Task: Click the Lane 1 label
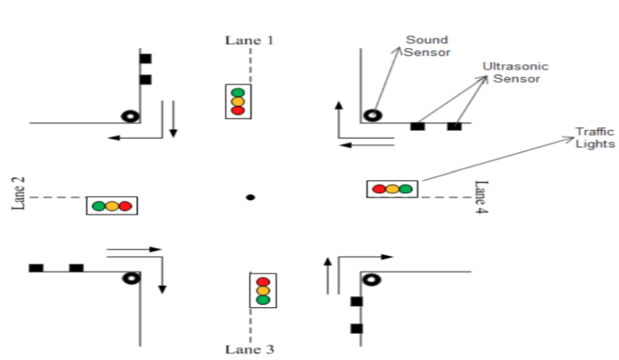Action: point(249,40)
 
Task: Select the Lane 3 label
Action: point(249,349)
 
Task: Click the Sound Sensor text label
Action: point(428,46)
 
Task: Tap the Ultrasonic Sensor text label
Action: point(516,72)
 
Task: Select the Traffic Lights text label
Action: point(595,138)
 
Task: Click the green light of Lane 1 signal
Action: point(238,93)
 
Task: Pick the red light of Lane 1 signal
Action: point(238,110)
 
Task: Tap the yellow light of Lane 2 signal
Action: point(111,206)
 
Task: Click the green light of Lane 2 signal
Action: point(99,206)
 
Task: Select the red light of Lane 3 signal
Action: point(263,282)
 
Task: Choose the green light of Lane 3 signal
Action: point(263,299)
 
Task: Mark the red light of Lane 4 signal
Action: point(379,189)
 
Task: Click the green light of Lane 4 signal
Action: point(406,189)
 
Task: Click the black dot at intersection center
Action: point(250,197)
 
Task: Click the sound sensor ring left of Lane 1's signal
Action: point(129,116)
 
